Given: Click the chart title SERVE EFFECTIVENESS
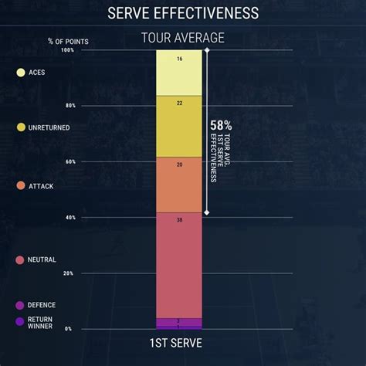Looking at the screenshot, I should pyautogui.click(x=183, y=14).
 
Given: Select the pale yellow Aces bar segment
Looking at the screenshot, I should pyautogui.click(x=179, y=72).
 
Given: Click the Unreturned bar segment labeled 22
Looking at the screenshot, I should pyautogui.click(x=179, y=126).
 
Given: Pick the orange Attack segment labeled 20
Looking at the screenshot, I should pyautogui.click(x=179, y=184).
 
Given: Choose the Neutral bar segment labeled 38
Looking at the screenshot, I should pyautogui.click(x=179, y=264).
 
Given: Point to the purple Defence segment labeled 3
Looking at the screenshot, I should pyautogui.click(x=179, y=321).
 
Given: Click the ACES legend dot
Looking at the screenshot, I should pyautogui.click(x=21, y=73).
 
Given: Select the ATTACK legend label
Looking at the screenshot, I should pyautogui.click(x=41, y=186).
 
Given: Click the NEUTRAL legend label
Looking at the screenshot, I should pyautogui.click(x=42, y=260).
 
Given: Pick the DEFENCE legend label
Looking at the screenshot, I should pyautogui.click(x=42, y=305).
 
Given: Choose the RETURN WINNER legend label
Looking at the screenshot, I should pyautogui.click(x=41, y=322).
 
